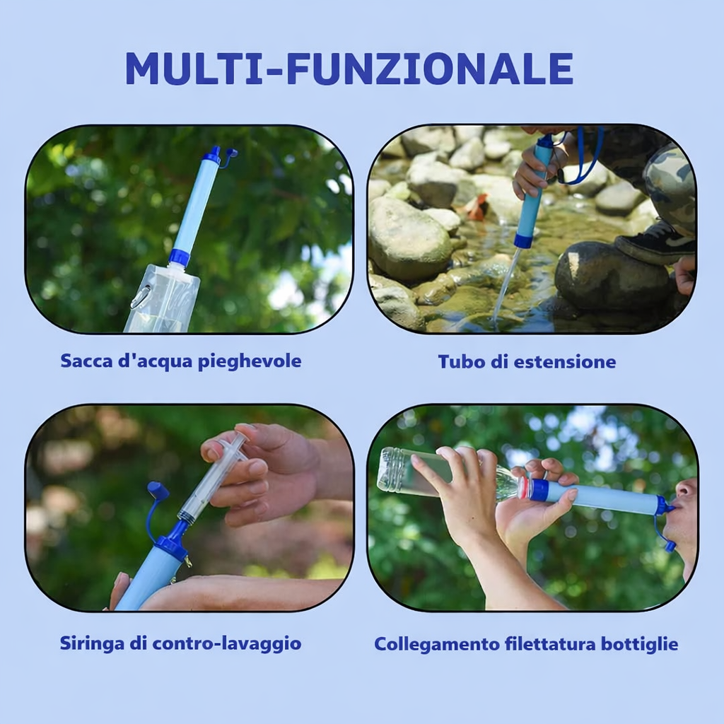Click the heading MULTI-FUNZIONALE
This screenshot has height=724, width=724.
[349, 69]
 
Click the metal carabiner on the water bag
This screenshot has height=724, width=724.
[141, 297]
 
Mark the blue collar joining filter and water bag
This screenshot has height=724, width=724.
[180, 257]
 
